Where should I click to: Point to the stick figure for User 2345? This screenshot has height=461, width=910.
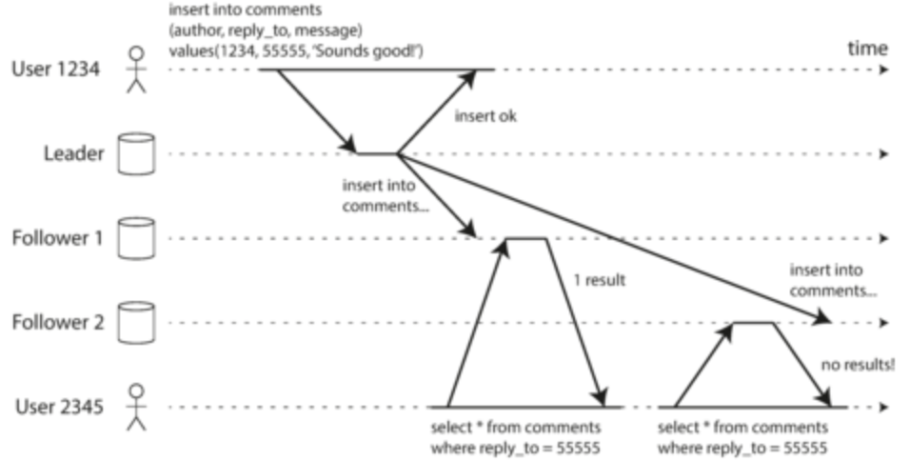[139, 407]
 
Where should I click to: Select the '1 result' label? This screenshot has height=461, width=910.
[598, 282]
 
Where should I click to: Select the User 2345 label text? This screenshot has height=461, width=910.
[57, 407]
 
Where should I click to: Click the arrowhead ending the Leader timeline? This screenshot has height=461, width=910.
[885, 153]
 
